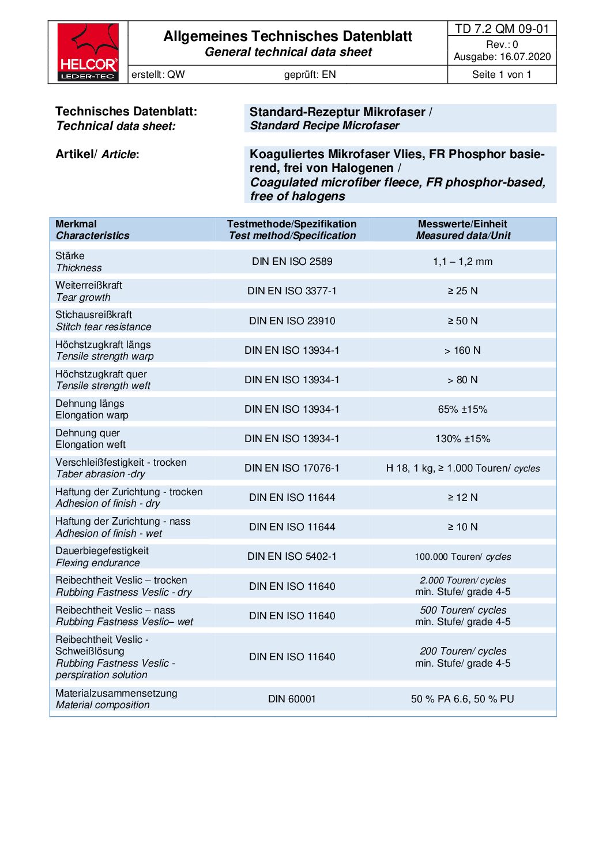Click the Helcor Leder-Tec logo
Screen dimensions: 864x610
pos(88,52)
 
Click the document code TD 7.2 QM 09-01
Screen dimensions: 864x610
pos(502,29)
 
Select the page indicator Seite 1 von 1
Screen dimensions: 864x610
pos(502,74)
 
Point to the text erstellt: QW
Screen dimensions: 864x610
pos(158,74)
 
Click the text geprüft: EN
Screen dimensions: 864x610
pos(310,74)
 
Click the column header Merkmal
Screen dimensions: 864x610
pos(76,224)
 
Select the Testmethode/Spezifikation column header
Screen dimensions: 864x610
pos(292,224)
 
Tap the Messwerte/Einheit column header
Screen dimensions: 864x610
pos(462,224)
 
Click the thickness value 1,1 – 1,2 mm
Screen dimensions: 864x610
pos(462,261)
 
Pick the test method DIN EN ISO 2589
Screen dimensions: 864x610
pos(292,261)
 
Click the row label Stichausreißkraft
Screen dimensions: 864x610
pos(93,315)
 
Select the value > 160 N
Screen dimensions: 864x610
pos(462,350)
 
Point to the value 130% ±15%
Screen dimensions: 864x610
pos(462,439)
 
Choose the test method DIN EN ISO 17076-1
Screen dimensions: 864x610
pos(292,468)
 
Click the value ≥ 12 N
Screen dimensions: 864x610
pos(462,498)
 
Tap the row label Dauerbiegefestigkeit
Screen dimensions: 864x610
pos(102,551)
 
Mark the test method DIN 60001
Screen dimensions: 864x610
pos(292,699)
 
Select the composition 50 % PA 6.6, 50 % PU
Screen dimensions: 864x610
pos(462,699)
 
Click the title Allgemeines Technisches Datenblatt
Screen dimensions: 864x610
pos(288,36)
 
